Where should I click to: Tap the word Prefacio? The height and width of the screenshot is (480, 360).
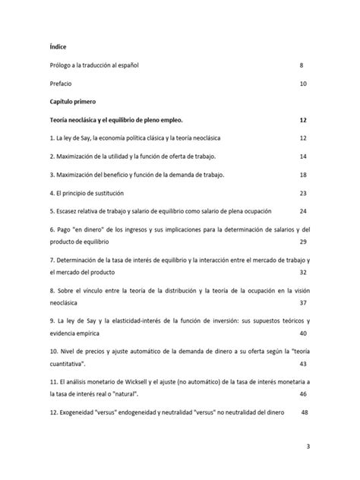pyautogui.click(x=60, y=83)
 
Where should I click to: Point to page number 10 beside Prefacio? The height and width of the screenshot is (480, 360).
pyautogui.click(x=303, y=83)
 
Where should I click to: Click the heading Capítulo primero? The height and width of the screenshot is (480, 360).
pyautogui.click(x=73, y=100)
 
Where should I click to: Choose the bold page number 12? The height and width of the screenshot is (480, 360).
pyautogui.click(x=303, y=119)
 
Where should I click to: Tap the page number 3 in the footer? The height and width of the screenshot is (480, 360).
pyautogui.click(x=308, y=447)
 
